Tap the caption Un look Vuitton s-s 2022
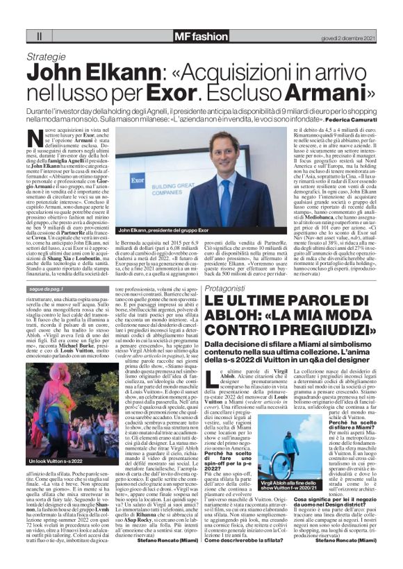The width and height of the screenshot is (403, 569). (x=55, y=442)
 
